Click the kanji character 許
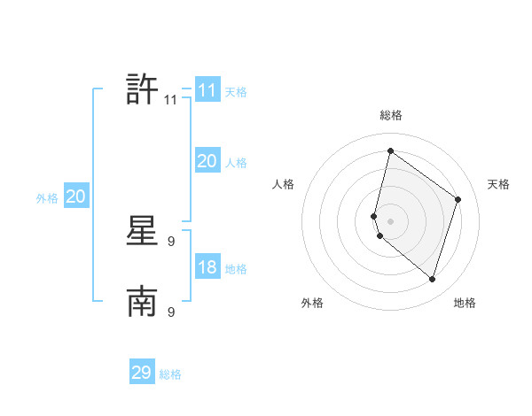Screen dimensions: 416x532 coord(142,89)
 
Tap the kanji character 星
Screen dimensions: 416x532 coord(142,233)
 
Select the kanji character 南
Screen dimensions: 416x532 coord(142,303)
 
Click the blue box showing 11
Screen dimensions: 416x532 coord(207,90)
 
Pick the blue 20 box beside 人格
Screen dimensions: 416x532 coord(207,161)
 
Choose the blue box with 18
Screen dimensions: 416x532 coord(207,268)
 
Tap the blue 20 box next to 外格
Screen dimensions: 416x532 coord(75,197)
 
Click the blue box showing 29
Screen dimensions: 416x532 coord(142,373)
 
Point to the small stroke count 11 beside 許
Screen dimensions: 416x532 coord(171,101)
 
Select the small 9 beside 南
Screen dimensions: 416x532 coord(171,312)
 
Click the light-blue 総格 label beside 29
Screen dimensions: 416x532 coord(170,374)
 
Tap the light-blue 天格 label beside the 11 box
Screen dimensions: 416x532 coord(236,92)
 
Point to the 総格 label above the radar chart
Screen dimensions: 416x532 coord(391,115)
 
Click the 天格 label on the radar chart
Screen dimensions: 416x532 coord(498,184)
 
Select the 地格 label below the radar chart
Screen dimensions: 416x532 coord(465,303)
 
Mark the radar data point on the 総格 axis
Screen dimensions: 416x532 coord(390,150)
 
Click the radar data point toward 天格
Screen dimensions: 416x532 coord(458,199)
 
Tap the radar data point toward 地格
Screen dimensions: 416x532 coord(432,280)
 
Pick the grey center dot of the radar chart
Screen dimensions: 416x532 coord(390,220)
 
